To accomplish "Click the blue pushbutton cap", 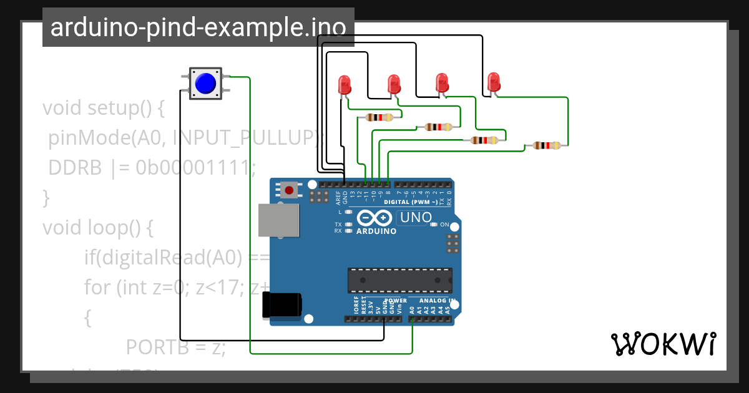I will pyautogui.click(x=205, y=83).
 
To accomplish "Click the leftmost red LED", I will pyautogui.click(x=344, y=85).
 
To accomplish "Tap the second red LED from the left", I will pyautogui.click(x=394, y=83).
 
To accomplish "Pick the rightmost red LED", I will pyautogui.click(x=494, y=81).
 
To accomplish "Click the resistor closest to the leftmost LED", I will pyautogui.click(x=379, y=117).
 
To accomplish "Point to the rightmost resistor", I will pyautogui.click(x=546, y=145).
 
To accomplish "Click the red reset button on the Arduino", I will pyautogui.click(x=289, y=189).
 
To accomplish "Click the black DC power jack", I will pyautogui.click(x=282, y=305).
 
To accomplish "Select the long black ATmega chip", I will pyautogui.click(x=399, y=280).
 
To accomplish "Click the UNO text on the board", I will pyautogui.click(x=416, y=218).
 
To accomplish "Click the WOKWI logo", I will pyautogui.click(x=663, y=344).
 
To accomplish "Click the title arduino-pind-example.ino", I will pyautogui.click(x=198, y=28).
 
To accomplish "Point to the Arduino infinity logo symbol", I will pyautogui.click(x=374, y=218).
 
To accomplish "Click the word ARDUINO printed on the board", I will pyautogui.click(x=376, y=231).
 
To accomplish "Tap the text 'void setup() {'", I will pyautogui.click(x=103, y=108).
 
